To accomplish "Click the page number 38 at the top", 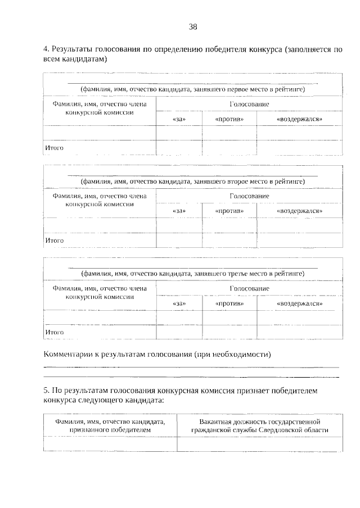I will tap(192, 26).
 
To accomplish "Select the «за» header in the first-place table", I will tap(179, 120).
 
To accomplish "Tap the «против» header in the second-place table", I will tap(229, 211).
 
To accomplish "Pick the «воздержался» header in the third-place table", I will tap(299, 303).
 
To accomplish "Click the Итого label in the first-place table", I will tap(54, 148).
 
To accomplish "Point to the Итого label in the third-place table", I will tap(54, 332).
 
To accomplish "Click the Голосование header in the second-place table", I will tap(249, 196).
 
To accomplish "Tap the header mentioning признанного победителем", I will tap(110, 425).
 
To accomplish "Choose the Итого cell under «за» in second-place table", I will tap(179, 240).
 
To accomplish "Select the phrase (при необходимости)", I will tap(232, 355).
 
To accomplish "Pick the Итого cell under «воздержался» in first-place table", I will tap(299, 148).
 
